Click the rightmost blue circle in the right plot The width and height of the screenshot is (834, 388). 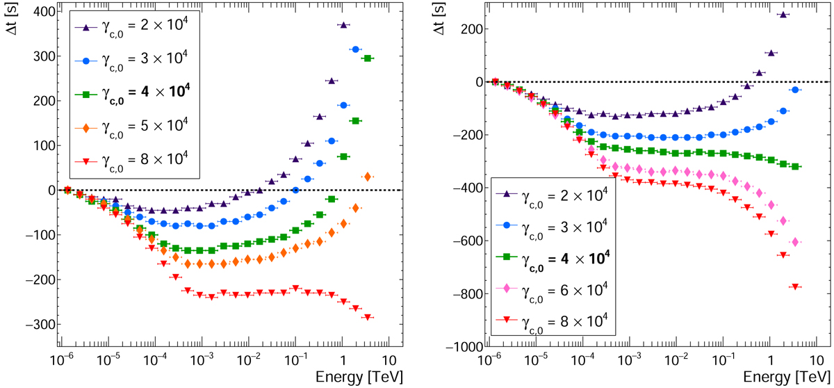(795, 90)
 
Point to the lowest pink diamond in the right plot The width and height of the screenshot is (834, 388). (795, 242)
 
